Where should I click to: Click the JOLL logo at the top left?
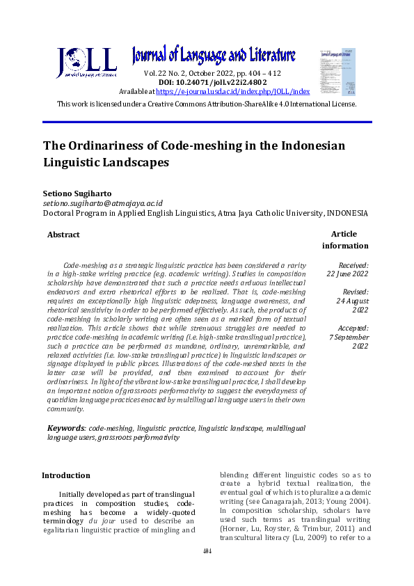coord(86,63)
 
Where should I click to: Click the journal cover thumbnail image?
coord(337,72)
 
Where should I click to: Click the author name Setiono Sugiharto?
coord(79,191)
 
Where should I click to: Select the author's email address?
coord(103,203)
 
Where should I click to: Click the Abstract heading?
coord(63,235)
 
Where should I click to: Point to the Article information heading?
coord(345,240)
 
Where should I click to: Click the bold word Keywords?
coord(66,428)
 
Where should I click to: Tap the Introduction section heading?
coord(66,475)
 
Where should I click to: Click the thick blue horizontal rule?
coord(207,122)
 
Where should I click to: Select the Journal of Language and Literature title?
coord(214,56)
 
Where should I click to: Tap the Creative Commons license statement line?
coord(207,104)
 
